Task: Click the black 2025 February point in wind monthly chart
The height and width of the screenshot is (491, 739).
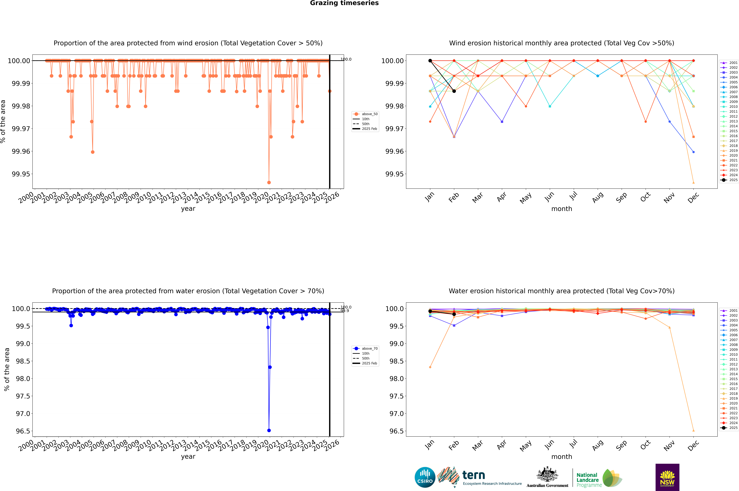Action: (454, 91)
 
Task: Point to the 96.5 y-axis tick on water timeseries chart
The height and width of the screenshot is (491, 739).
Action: (23, 431)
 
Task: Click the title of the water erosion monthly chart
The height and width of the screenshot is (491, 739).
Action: (561, 291)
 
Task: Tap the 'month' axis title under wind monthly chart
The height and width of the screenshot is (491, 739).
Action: (561, 209)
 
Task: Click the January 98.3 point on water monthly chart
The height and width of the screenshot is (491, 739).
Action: (430, 367)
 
